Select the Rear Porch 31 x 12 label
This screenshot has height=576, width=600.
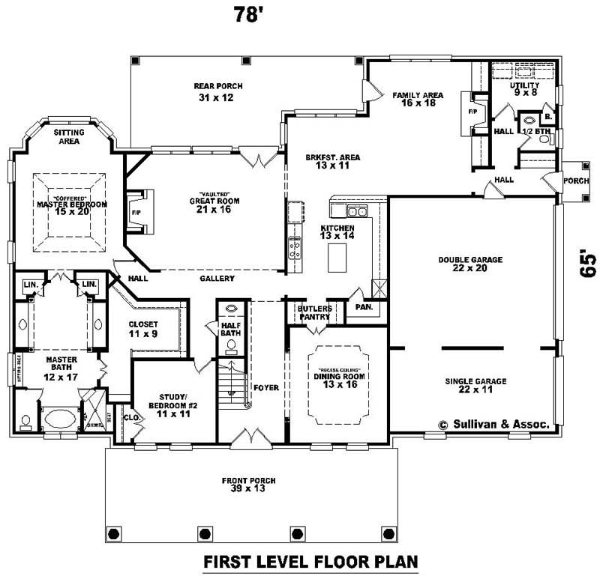tap(219, 91)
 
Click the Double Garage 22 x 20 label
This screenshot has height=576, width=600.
tap(470, 264)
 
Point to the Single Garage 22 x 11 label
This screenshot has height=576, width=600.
tap(475, 385)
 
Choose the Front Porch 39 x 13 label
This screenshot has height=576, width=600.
tap(248, 484)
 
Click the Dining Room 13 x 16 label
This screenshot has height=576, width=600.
tap(339, 379)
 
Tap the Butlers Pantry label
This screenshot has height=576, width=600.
tap(314, 312)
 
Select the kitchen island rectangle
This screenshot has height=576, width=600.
tap(338, 259)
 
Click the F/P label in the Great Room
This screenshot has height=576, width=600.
tap(136, 212)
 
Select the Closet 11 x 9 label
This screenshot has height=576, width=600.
tap(143, 327)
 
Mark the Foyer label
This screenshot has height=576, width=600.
tap(265, 388)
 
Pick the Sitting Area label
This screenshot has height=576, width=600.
tap(68, 136)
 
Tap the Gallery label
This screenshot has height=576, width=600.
tap(217, 279)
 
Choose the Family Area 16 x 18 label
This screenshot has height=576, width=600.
tap(418, 99)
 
